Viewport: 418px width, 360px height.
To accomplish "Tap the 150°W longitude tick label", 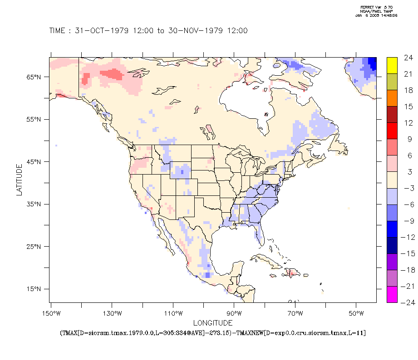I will point(51,314).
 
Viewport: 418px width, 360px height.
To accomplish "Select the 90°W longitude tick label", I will point(234,314).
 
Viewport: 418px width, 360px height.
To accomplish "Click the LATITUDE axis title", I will point(19,180).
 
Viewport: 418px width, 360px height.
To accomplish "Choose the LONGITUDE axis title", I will point(213,323).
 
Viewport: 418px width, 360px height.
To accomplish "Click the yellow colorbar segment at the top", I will point(392,65).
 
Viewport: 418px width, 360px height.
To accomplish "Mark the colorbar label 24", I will point(408,58).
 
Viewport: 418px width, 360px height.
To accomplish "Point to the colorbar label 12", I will point(408,123).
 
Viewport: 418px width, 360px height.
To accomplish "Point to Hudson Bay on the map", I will point(245,102).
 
